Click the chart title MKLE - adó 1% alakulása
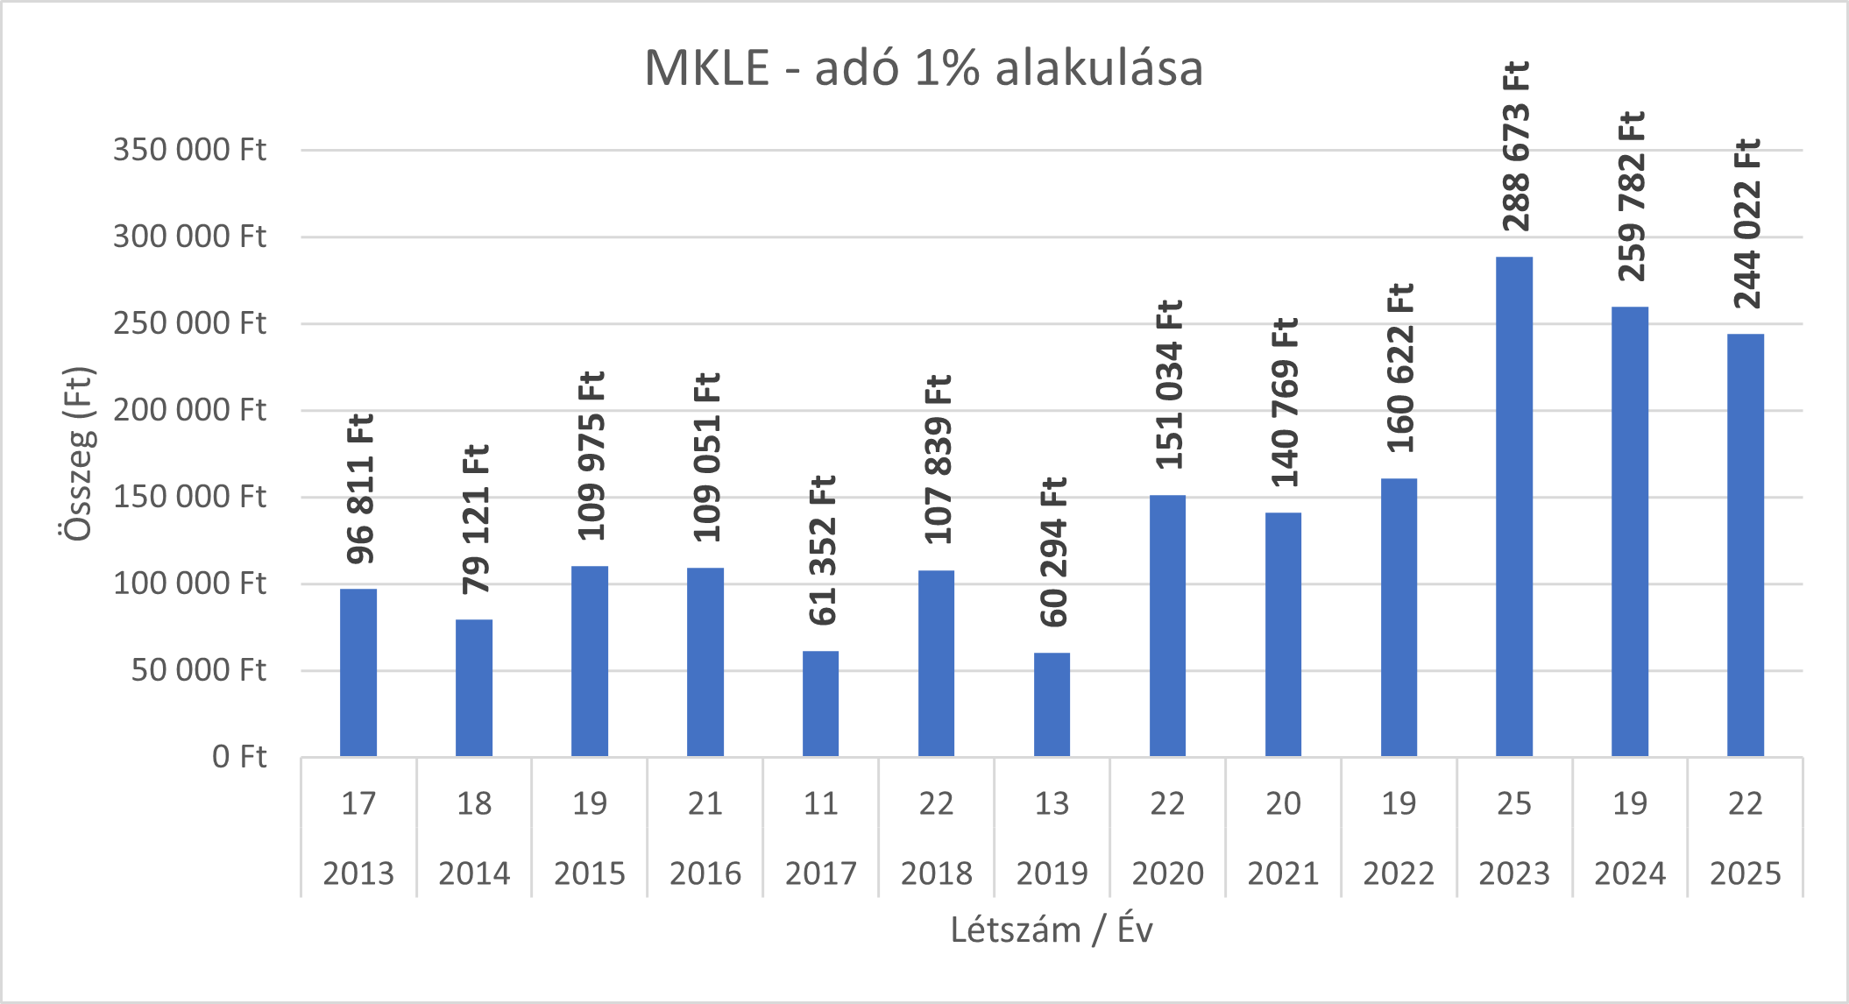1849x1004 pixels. pyautogui.click(x=924, y=68)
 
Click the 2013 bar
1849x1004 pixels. pyautogui.click(x=358, y=673)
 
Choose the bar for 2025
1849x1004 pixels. pyautogui.click(x=1746, y=545)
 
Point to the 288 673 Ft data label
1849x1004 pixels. pyautogui.click(x=1515, y=146)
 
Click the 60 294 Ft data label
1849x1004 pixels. pyautogui.click(x=1052, y=553)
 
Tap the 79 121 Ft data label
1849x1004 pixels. pyautogui.click(x=475, y=520)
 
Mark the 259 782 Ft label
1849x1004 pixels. pyautogui.click(x=1631, y=196)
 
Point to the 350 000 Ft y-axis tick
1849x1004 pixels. pyautogui.click(x=189, y=150)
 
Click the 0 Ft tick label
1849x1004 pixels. pyautogui.click(x=239, y=757)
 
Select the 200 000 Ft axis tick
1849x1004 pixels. pyautogui.click(x=189, y=410)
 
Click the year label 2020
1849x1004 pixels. pyautogui.click(x=1167, y=873)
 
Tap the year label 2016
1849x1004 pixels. pyautogui.click(x=705, y=873)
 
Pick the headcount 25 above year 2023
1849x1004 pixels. pyautogui.click(x=1514, y=803)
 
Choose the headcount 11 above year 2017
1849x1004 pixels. pyautogui.click(x=820, y=803)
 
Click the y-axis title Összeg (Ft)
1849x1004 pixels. pyautogui.click(x=79, y=454)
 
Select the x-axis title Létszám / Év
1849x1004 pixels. pyautogui.click(x=1052, y=930)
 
